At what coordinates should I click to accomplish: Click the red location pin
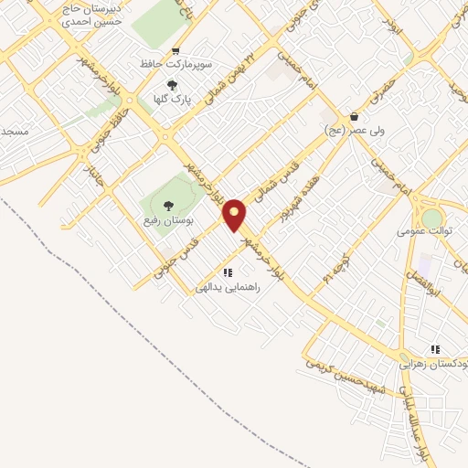click(x=235, y=215)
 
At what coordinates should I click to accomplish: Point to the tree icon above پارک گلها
click(x=170, y=85)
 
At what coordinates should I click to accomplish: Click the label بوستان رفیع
click(x=166, y=220)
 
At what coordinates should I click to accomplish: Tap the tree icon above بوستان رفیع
click(x=166, y=206)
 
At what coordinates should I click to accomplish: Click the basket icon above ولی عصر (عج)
click(x=354, y=117)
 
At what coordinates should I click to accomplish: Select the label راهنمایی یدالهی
click(x=229, y=287)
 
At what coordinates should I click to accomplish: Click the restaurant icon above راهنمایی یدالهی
click(x=228, y=272)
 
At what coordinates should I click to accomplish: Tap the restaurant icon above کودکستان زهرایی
click(x=435, y=349)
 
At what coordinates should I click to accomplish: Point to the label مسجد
click(x=16, y=133)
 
